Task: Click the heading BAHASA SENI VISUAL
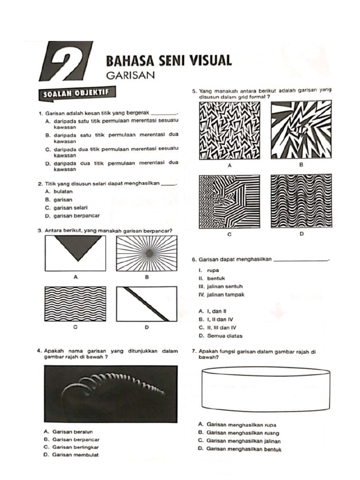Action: tap(169, 60)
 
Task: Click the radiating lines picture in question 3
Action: tap(147, 254)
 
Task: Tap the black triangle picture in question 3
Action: tap(75, 254)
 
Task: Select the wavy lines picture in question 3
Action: tap(75, 303)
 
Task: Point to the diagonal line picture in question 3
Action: tap(147, 303)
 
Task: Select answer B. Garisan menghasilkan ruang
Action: tap(239, 433)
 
